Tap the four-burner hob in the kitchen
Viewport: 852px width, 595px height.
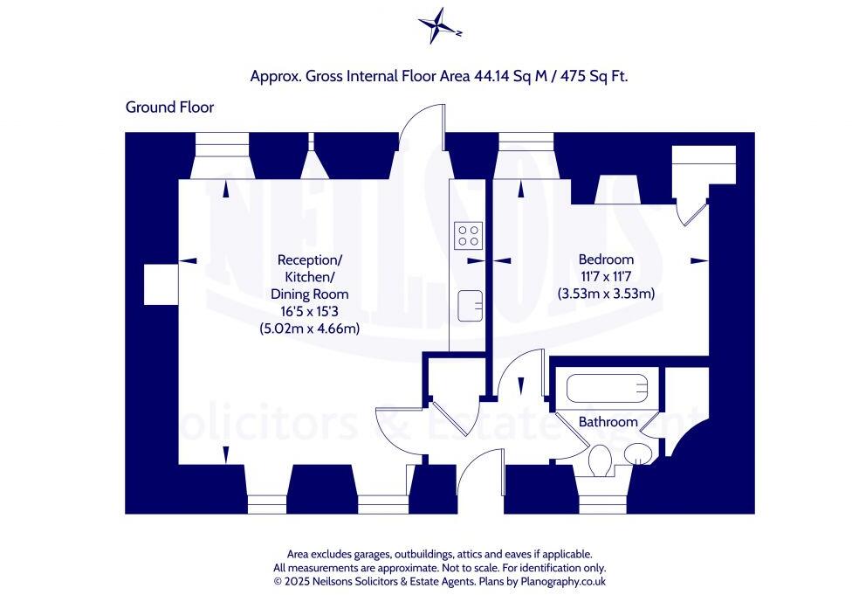tap(469, 235)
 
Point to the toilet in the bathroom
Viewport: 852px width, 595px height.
tap(601, 460)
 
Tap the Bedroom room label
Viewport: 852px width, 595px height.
tap(606, 259)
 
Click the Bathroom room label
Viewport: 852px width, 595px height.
tap(608, 422)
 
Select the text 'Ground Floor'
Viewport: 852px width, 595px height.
tap(169, 107)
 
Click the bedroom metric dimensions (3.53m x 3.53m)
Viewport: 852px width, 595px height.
tap(606, 294)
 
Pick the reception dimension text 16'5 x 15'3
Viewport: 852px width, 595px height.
tap(309, 311)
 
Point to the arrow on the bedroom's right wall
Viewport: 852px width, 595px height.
tap(698, 260)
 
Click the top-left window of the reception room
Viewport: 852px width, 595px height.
tap(223, 142)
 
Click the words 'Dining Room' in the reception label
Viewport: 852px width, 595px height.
tap(309, 294)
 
